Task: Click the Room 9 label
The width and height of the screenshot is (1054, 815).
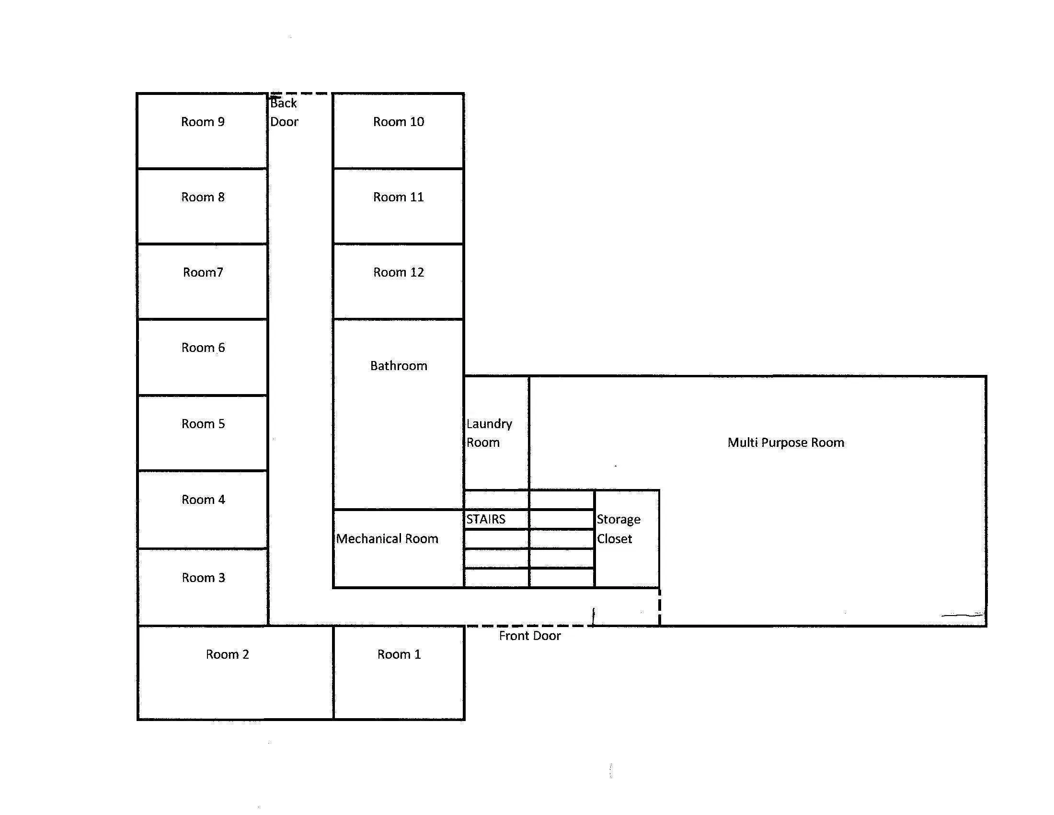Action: click(203, 122)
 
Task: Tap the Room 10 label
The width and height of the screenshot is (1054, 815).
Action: click(399, 122)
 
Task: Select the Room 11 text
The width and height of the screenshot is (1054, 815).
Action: click(399, 197)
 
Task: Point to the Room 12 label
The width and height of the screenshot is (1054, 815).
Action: click(399, 272)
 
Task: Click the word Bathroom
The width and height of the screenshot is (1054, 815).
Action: click(399, 366)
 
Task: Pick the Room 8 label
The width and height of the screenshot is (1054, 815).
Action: click(203, 197)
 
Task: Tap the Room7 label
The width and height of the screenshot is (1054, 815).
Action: click(203, 272)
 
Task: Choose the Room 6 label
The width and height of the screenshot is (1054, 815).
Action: click(203, 348)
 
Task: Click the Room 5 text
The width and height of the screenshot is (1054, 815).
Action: click(203, 424)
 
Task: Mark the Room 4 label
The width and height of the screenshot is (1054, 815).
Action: click(203, 500)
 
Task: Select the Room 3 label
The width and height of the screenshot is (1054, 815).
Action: click(203, 578)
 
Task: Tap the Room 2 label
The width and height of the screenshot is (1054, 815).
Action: click(227, 654)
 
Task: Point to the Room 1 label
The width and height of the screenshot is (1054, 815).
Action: click(399, 654)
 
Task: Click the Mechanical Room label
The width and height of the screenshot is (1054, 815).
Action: click(387, 539)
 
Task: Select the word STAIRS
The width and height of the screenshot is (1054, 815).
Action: click(485, 520)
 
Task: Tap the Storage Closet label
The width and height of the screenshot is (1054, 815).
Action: click(619, 529)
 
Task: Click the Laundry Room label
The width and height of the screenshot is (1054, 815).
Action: click(489, 433)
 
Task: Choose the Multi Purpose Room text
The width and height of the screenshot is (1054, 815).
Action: click(786, 443)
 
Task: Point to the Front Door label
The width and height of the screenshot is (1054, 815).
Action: click(530, 636)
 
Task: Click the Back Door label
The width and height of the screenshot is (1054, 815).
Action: click(284, 113)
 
